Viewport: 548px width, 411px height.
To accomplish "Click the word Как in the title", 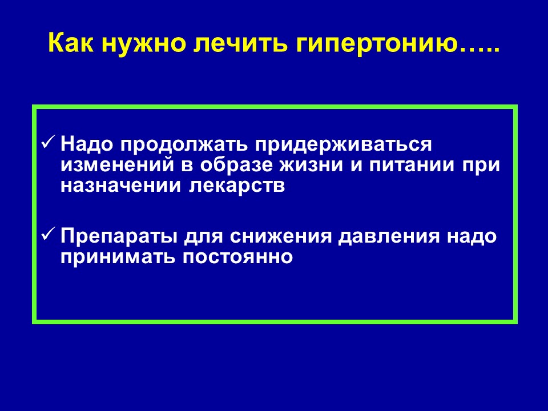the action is pyautogui.click(x=71, y=43).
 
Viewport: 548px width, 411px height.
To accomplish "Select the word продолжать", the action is pyautogui.click(x=184, y=145).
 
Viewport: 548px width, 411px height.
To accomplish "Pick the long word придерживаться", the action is pyautogui.click(x=344, y=145).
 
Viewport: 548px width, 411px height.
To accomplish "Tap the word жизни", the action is pyautogui.click(x=311, y=166).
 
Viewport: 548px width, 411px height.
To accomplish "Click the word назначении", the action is pyautogui.click(x=121, y=186).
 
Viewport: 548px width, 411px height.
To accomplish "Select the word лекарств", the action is pyautogui.click(x=237, y=186).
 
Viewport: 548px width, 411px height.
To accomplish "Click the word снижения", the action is pyautogui.click(x=281, y=236).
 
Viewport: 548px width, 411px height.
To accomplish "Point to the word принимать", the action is pyautogui.click(x=118, y=257).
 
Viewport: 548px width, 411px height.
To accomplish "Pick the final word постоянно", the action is pyautogui.click(x=237, y=257).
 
